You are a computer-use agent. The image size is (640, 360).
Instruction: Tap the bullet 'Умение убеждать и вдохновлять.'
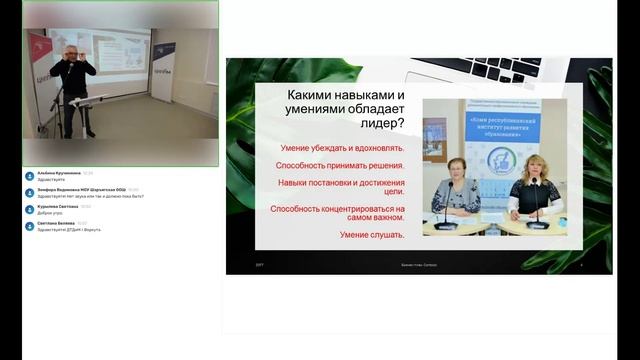(341, 148)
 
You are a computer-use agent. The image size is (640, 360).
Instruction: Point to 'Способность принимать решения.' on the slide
(341, 165)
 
